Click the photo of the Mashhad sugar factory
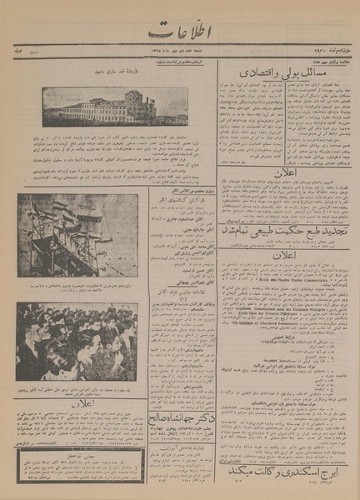[114, 107]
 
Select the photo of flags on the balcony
[77, 236]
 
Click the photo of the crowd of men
[77, 341]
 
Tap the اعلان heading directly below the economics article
[287, 175]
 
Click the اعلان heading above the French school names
[287, 255]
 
